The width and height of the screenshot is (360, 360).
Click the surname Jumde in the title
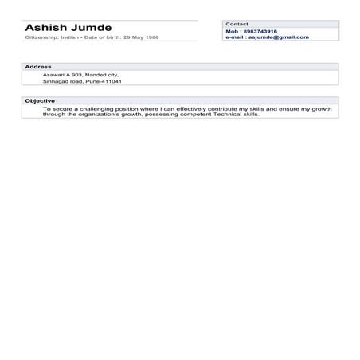pos(92,28)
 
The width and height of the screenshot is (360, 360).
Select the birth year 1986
pos(151,37)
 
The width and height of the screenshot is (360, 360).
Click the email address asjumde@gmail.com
pos(278,37)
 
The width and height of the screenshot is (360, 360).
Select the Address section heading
pos(38,67)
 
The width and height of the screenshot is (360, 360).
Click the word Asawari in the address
pos(55,74)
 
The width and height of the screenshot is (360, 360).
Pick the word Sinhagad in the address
pos(57,81)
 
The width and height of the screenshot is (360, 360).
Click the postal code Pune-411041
pos(105,81)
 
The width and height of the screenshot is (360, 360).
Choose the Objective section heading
pos(40,101)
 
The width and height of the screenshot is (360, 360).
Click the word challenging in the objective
pos(97,108)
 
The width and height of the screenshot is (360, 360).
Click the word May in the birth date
pos(138,37)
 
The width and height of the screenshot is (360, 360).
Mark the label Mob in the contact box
pos(232,31)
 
